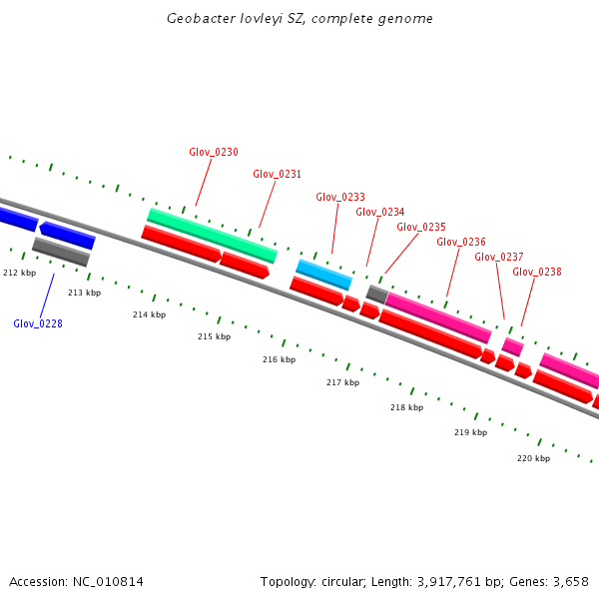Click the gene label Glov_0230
[x=214, y=152]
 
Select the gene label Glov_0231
[x=277, y=174]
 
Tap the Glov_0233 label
[x=340, y=197]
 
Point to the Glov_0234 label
[x=380, y=212]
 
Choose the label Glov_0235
[x=421, y=227]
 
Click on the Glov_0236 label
[x=461, y=242]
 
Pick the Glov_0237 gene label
[x=499, y=257]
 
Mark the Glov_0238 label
[x=537, y=272]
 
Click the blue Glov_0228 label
[x=38, y=323]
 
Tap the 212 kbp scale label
[x=19, y=273]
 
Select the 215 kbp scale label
[x=214, y=336]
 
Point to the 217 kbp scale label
[x=342, y=382]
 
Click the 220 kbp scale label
[x=533, y=458]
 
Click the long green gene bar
[x=212, y=236]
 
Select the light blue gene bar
[x=323, y=274]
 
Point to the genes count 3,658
[x=568, y=581]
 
